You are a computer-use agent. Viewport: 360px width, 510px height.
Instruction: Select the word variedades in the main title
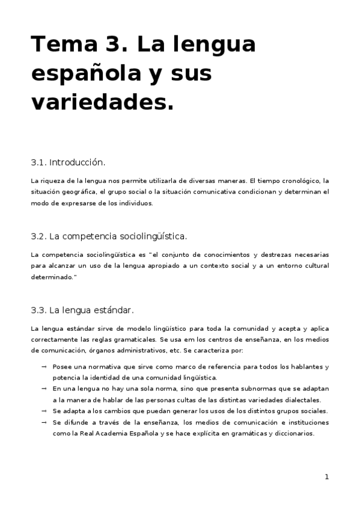point(94,102)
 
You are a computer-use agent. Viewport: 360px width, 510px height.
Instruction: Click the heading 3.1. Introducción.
point(68,162)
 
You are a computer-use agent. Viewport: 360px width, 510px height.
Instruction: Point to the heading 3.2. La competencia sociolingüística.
point(105,236)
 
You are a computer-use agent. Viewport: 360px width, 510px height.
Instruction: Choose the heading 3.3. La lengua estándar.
point(82,310)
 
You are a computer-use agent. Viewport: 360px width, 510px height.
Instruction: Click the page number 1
point(326,477)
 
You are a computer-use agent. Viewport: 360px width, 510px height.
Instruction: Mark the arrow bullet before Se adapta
point(44,411)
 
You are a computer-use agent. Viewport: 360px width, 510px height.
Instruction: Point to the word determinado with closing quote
point(54,277)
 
